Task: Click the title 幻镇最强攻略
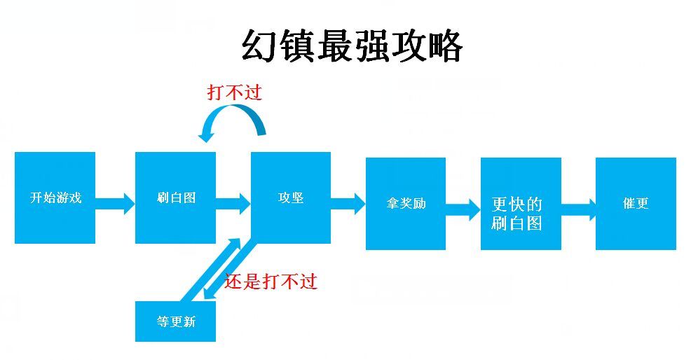tap(352, 47)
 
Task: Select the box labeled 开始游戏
tap(55, 198)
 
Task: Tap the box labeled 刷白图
tap(175, 198)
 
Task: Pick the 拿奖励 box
tap(406, 204)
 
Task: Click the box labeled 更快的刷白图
tap(521, 204)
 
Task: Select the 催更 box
tap(636, 204)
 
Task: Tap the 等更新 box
tap(175, 321)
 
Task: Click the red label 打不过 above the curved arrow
tap(234, 92)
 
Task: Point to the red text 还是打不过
tap(271, 281)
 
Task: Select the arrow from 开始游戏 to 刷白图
tap(114, 203)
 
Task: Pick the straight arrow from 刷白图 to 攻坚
tap(233, 203)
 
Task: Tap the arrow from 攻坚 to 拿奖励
tap(348, 203)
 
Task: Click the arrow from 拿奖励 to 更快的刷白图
tap(463, 207)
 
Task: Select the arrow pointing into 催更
tap(578, 207)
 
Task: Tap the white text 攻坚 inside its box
tap(291, 198)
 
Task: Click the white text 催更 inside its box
tap(636, 203)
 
